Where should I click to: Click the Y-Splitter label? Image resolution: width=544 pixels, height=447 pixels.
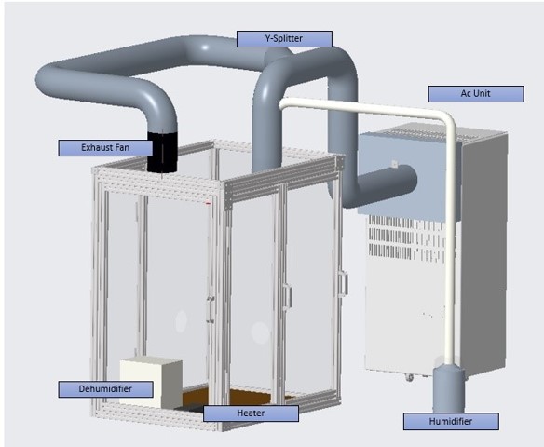pos(284,39)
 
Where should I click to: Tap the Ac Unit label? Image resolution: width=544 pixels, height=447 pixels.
pos(476,94)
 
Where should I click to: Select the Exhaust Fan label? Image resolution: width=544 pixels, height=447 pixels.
pos(105,148)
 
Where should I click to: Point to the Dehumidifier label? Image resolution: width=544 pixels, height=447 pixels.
pos(105,389)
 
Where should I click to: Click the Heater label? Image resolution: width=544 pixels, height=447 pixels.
pos(251,413)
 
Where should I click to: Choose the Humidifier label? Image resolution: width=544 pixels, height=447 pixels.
pos(451,421)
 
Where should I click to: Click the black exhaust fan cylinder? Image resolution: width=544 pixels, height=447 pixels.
pos(162,152)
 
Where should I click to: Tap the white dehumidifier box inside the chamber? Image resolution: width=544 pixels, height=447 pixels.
pos(151,382)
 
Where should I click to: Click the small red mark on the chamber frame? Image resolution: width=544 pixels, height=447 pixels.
pos(208,204)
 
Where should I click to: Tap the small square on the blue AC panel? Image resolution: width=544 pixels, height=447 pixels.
pos(394,163)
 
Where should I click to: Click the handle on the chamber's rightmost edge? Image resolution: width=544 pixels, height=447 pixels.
pos(343,284)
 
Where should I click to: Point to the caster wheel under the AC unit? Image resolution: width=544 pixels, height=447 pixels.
pos(409,377)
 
